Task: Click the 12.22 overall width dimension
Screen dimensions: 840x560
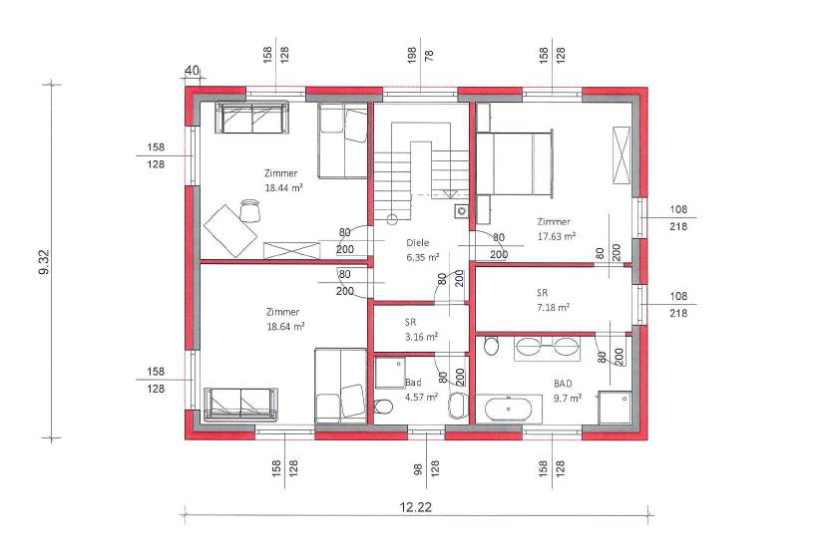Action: (416, 506)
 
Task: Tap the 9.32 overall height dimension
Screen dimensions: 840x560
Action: (44, 262)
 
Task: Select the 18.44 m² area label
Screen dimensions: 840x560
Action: (284, 187)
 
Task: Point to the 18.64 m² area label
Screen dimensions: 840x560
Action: (285, 326)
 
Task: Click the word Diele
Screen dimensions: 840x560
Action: (417, 243)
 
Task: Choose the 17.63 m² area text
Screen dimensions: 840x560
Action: (557, 236)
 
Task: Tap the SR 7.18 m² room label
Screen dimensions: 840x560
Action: (553, 300)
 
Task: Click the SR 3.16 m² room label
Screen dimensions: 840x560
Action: (421, 330)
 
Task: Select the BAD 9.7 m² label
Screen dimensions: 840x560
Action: (567, 391)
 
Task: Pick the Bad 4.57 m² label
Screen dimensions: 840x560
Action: (421, 390)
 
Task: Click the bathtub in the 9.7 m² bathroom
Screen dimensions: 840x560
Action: (509, 410)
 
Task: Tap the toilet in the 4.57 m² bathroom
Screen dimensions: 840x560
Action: (384, 407)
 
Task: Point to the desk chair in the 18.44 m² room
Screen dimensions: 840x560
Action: (249, 210)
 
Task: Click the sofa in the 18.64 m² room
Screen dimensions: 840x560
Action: (241, 404)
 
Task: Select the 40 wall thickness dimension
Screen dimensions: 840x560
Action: (192, 70)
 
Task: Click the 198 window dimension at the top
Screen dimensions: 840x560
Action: (411, 55)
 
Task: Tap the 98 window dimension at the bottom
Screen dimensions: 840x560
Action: (417, 468)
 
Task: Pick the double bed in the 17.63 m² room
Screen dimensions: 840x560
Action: (515, 163)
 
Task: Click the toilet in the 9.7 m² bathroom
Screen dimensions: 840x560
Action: (490, 345)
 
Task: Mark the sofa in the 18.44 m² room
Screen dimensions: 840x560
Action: (251, 118)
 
